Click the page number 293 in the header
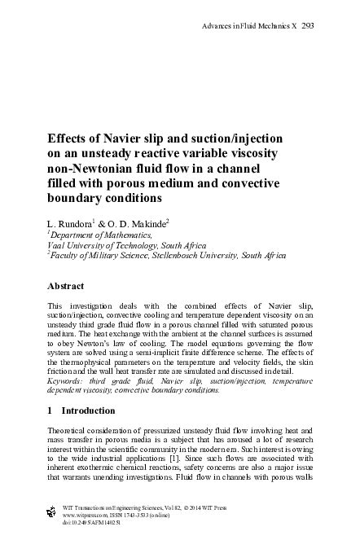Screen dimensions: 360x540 tap(308, 25)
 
